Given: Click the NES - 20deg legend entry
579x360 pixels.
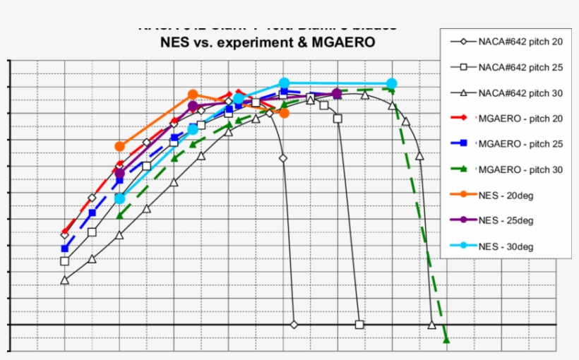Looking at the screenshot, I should pyautogui.click(x=506, y=195).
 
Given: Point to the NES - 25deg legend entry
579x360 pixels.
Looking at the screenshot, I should pyautogui.click(x=506, y=220).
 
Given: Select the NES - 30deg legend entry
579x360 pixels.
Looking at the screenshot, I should pyautogui.click(x=506, y=246).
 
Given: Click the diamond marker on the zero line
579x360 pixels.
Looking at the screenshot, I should pyautogui.click(x=294, y=325).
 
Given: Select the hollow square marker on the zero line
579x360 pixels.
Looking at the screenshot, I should pyautogui.click(x=359, y=325).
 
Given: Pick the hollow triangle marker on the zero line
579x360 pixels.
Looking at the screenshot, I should pyautogui.click(x=431, y=325).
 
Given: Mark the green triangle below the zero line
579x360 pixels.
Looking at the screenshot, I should pyautogui.click(x=446, y=340).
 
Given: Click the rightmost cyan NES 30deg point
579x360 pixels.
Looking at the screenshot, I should pyautogui.click(x=392, y=83).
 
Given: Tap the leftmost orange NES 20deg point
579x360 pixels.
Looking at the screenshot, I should pyautogui.click(x=119, y=146).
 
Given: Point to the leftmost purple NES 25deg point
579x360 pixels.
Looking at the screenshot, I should pyautogui.click(x=119, y=174).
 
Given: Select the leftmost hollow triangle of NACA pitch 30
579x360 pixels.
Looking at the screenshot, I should pyautogui.click(x=65, y=280).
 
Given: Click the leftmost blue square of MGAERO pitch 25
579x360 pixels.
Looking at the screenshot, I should pyautogui.click(x=65, y=248).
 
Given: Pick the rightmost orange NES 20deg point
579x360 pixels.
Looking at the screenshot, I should pyautogui.click(x=284, y=112).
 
